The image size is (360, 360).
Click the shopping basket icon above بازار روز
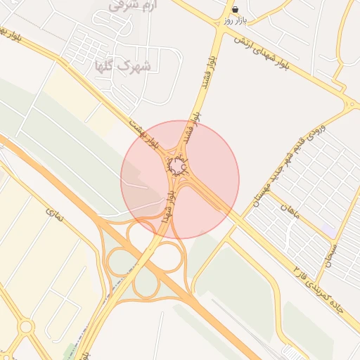coord(234,9)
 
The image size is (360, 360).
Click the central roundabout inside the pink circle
coord(177,167)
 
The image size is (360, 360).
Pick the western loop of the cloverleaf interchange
coord(117,261)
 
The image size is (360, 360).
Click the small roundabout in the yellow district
coord(27,327)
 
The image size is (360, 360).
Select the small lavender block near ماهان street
coord(329,231)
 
